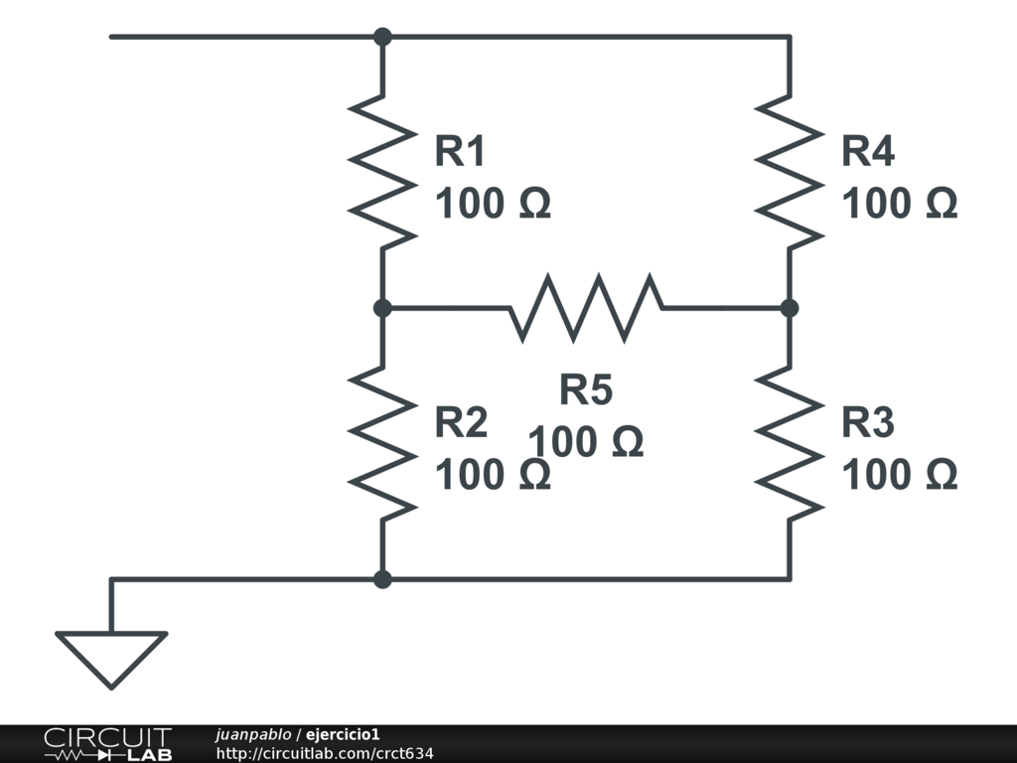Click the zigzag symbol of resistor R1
pyautogui.click(x=382, y=172)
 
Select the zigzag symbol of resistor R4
pyautogui.click(x=790, y=172)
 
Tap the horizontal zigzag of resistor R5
pyautogui.click(x=586, y=308)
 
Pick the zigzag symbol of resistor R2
pyautogui.click(x=382, y=443)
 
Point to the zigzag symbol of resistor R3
pyautogui.click(x=790, y=443)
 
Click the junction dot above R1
pyautogui.click(x=382, y=37)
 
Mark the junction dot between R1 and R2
pyautogui.click(x=382, y=308)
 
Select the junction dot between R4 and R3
pyautogui.click(x=790, y=308)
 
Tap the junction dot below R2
pyautogui.click(x=382, y=579)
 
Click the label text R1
pyautogui.click(x=461, y=152)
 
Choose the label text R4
pyautogui.click(x=868, y=152)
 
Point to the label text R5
pyautogui.click(x=586, y=390)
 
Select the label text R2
pyautogui.click(x=461, y=423)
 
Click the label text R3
pyautogui.click(x=868, y=423)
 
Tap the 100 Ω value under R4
pyautogui.click(x=899, y=204)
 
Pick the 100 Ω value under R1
pyautogui.click(x=493, y=204)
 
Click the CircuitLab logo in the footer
pyautogui.click(x=107, y=744)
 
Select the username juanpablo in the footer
pyautogui.click(x=252, y=734)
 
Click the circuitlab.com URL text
pyautogui.click(x=325, y=754)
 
